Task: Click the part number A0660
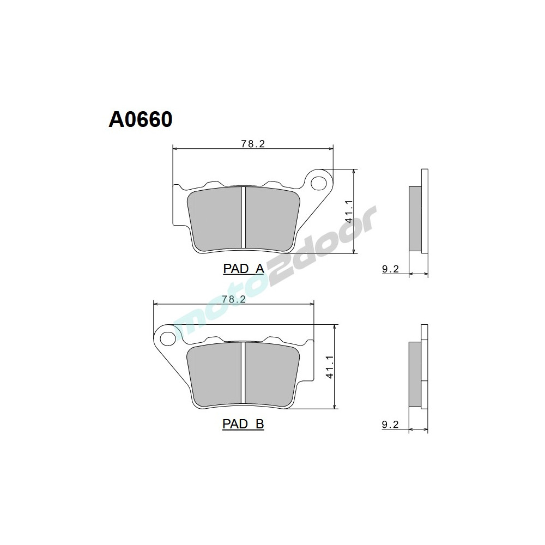click(x=141, y=119)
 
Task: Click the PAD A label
click(x=243, y=268)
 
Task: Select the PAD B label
click(x=243, y=424)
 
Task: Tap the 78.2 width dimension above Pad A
click(x=252, y=144)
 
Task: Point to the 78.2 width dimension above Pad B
click(x=234, y=299)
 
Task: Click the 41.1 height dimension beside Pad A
click(x=349, y=211)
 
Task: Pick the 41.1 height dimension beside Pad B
click(x=329, y=367)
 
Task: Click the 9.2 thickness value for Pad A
click(x=391, y=269)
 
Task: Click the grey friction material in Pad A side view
click(x=415, y=219)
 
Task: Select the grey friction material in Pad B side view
click(x=415, y=374)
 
